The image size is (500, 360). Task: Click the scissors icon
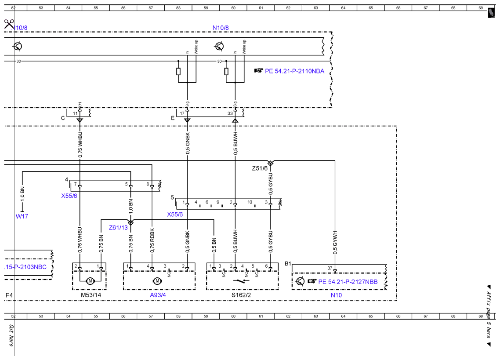[9, 24]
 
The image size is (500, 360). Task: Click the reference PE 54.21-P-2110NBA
[294, 71]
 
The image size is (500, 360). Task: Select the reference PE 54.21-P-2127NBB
[348, 282]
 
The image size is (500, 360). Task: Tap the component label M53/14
[91, 295]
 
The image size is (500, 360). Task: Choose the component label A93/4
[158, 295]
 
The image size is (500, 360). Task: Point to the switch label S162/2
[241, 295]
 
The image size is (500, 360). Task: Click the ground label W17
[22, 216]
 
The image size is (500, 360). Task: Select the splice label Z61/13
[118, 228]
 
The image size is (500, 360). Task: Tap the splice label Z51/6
[260, 168]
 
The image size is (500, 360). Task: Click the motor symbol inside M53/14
[90, 281]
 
